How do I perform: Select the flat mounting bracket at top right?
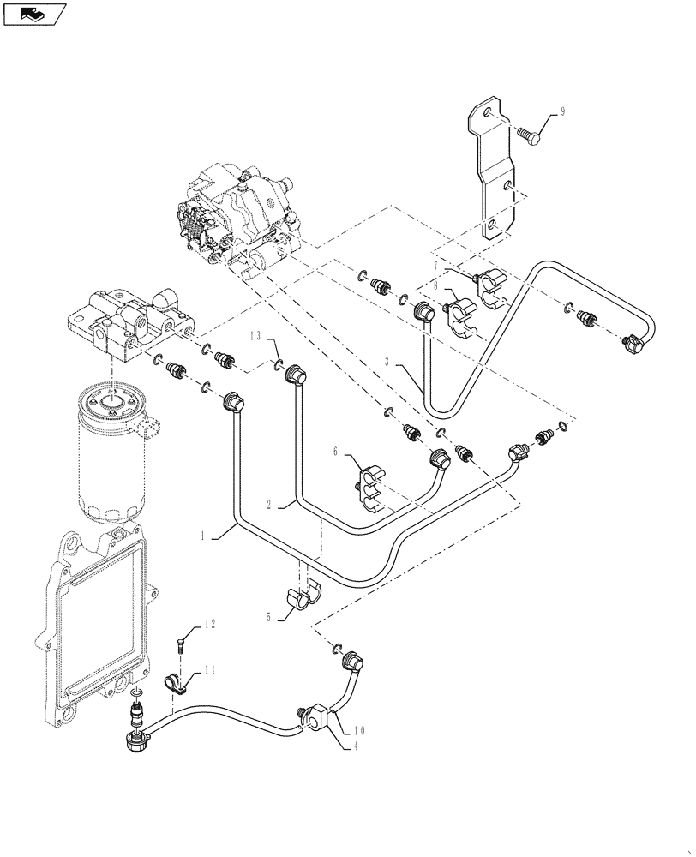pyautogui.click(x=493, y=171)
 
